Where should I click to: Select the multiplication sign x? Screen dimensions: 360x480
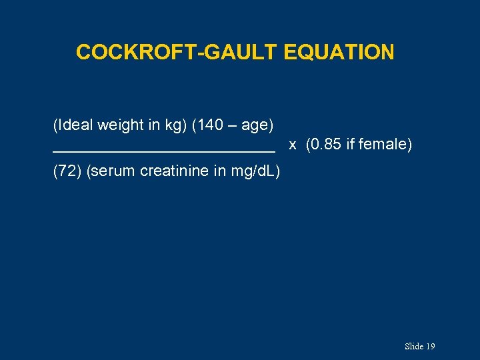(292, 145)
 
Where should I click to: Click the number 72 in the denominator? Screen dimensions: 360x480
(67, 171)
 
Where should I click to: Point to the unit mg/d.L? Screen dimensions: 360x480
(254, 172)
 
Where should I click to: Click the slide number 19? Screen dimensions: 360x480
(430, 347)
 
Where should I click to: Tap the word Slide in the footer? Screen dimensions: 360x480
(413, 347)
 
